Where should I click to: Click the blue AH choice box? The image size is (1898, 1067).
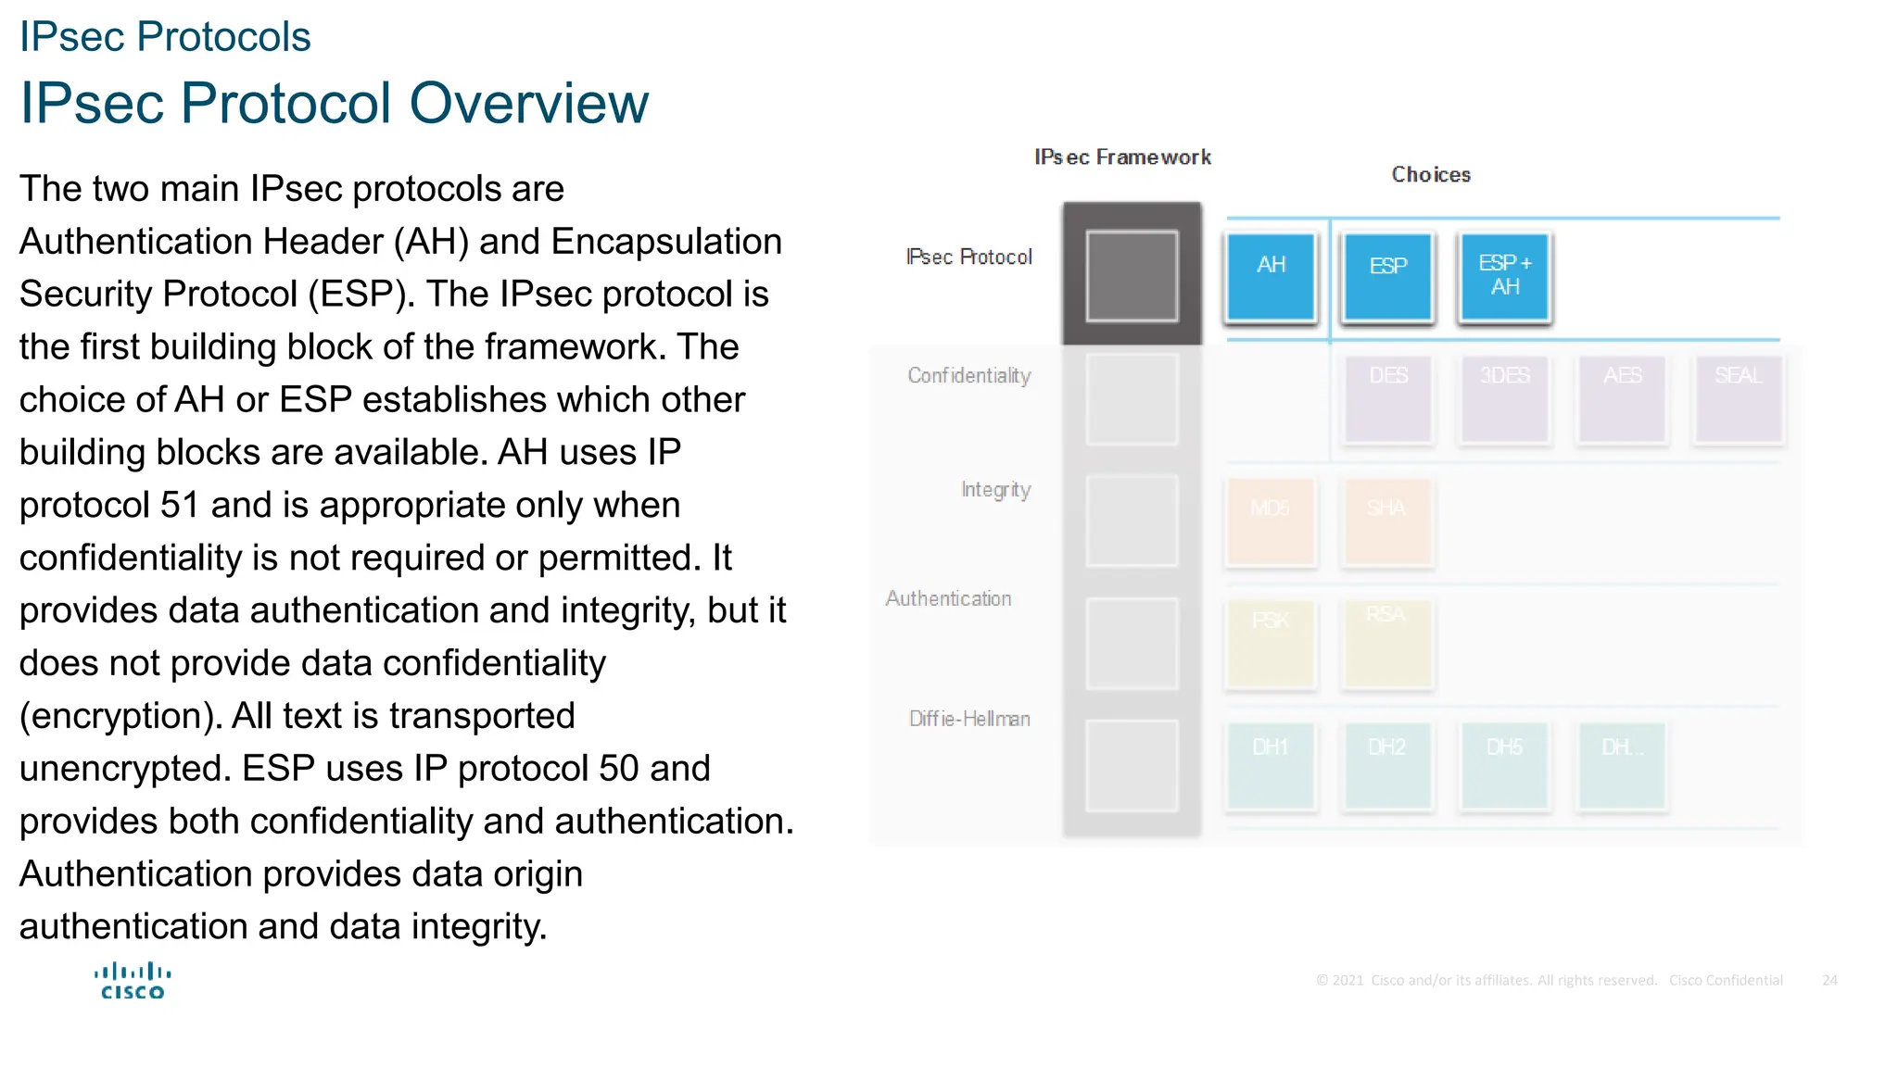1271,276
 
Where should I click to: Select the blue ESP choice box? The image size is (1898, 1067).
1387,276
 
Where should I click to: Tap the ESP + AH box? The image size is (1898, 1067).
1504,276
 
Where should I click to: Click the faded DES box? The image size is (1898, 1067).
1387,398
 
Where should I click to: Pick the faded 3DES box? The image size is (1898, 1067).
1504,398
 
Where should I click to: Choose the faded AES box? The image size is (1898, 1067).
1622,398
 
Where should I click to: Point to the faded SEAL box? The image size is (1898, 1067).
1739,398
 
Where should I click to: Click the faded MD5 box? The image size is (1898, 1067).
1271,521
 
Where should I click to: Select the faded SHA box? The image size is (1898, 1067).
1387,521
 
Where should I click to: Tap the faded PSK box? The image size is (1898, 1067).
1271,643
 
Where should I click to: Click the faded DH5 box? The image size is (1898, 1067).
1504,765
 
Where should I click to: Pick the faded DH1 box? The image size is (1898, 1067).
1271,765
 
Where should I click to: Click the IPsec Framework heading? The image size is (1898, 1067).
1122,157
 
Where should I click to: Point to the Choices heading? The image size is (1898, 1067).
1431,175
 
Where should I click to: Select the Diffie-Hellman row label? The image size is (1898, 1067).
969,719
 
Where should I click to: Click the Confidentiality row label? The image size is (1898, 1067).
968,376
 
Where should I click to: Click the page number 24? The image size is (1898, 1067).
1829,980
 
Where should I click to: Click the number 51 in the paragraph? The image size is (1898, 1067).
180,506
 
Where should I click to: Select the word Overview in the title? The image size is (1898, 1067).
529,103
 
